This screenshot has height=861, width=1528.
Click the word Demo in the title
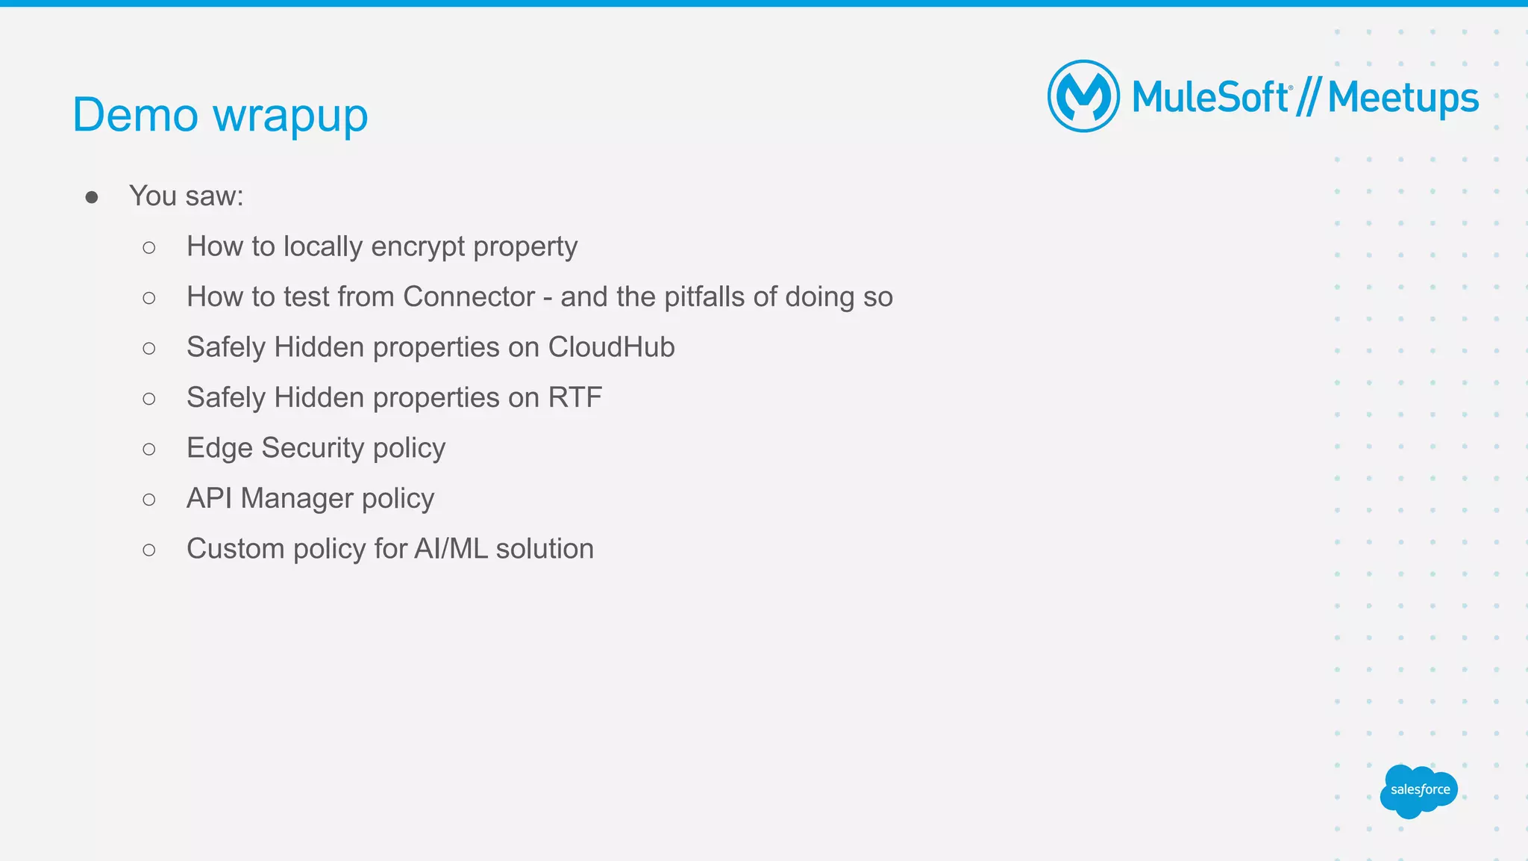coord(135,115)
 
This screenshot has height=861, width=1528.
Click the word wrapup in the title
coord(290,116)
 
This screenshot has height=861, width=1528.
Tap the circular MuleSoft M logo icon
coord(1083,96)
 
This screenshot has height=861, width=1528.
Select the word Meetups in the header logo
coord(1403,99)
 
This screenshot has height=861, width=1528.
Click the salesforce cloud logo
coord(1418,791)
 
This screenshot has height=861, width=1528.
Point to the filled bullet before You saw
coord(92,197)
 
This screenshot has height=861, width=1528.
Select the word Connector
coord(469,297)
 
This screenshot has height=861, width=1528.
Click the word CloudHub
coord(611,347)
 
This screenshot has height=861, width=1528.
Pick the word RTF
coord(574,398)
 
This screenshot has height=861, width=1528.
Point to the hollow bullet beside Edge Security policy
coord(149,449)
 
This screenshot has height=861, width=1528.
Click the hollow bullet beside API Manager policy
coord(149,500)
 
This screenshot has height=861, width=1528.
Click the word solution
coord(545,549)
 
